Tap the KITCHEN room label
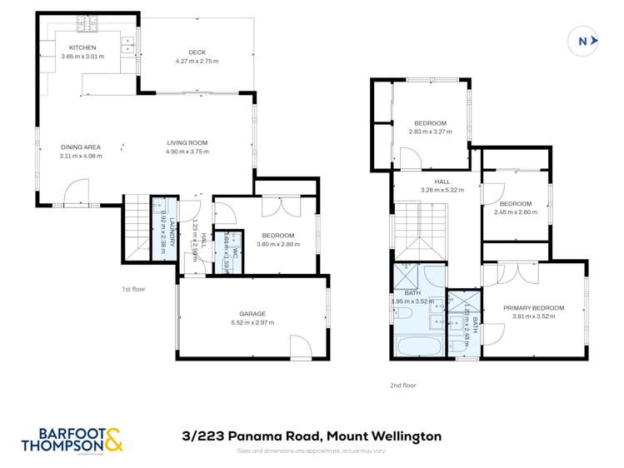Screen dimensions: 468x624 point(82,47)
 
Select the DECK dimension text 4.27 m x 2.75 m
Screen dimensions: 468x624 point(197,62)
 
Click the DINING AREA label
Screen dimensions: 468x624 point(81,147)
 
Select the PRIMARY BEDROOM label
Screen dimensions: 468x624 point(533,308)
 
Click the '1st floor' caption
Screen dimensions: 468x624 point(132,289)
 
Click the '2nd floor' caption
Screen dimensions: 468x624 point(402,386)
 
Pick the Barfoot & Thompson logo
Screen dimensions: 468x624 point(72,439)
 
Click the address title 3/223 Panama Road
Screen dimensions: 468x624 point(312,436)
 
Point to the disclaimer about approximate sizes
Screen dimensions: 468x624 point(312,451)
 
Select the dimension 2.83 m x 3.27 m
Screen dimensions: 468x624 point(430,132)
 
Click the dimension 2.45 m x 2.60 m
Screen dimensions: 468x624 point(516,212)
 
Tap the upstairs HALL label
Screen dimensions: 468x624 point(442,182)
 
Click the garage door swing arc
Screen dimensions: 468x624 point(300,346)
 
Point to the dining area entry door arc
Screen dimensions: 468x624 point(77,191)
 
